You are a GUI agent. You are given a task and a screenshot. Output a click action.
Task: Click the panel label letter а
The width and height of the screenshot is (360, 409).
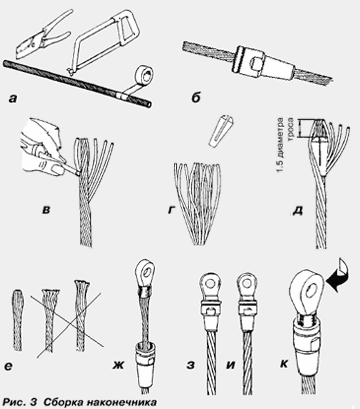tap(13, 98)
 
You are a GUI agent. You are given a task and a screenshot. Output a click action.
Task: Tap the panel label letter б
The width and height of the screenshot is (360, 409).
tap(197, 98)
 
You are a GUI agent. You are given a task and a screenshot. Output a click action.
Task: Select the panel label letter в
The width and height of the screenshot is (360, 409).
tap(46, 210)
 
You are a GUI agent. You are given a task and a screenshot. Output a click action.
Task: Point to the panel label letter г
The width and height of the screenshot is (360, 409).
tap(172, 210)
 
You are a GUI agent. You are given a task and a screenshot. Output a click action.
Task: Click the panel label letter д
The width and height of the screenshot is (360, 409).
tap(297, 211)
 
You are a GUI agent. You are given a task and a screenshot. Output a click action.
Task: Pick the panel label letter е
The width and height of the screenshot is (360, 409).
tap(9, 366)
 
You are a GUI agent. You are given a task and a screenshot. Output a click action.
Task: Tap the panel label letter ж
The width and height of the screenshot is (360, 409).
tap(118, 365)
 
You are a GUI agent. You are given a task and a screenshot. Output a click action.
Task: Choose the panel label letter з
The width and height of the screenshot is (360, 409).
tap(190, 365)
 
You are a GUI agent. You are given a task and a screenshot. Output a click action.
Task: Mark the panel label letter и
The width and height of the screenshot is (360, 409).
tap(230, 365)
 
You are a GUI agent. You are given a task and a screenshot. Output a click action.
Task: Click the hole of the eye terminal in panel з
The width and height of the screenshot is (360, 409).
tap(209, 284)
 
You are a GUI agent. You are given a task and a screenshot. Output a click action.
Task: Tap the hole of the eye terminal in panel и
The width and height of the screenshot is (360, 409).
tap(247, 284)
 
